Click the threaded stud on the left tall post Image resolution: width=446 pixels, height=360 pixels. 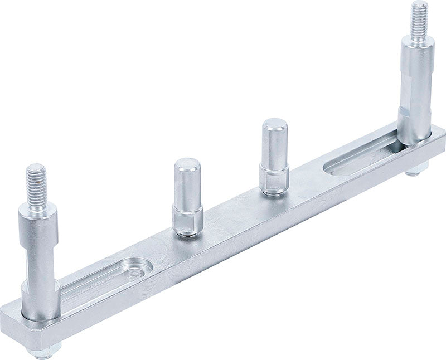37,183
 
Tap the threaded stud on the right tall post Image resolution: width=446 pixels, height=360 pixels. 419,21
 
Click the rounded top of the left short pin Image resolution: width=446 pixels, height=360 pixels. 187,166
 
